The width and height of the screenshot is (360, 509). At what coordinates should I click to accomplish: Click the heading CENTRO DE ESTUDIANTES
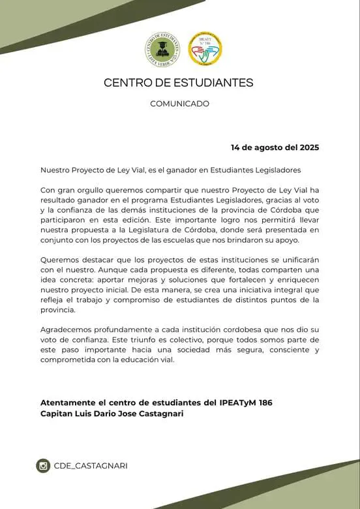pos(179,83)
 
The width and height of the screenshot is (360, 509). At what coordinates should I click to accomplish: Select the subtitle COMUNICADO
pos(179,103)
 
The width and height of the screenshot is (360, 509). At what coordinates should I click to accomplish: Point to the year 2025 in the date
pos(306,147)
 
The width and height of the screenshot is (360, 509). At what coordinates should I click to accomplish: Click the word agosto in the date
pos(260,147)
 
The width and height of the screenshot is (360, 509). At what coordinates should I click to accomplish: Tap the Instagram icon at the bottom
pos(44,465)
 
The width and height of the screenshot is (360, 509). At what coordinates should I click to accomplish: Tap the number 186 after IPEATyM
pos(264,403)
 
